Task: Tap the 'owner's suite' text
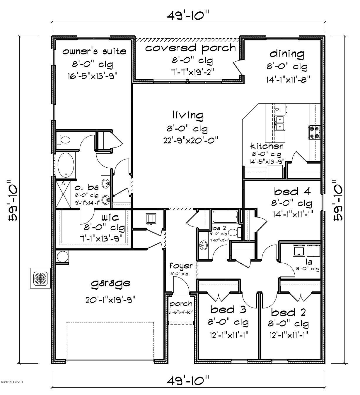(94, 51)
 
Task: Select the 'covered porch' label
(190, 48)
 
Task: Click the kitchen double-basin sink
(280, 123)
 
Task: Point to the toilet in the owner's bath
(64, 140)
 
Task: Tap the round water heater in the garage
(62, 257)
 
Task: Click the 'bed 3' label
(228, 309)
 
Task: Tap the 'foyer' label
(181, 266)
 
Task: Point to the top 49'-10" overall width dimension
(188, 15)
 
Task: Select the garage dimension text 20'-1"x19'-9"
(110, 300)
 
